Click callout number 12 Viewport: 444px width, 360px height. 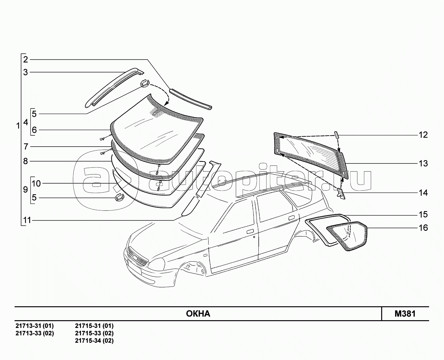tap(423, 135)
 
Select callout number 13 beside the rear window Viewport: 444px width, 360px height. tap(423, 163)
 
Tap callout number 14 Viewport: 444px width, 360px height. tap(423, 193)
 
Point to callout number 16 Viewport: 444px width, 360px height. tap(423, 228)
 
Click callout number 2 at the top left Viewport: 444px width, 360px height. tap(26, 60)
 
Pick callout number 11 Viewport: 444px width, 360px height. tap(27, 220)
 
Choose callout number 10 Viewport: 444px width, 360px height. tap(36, 184)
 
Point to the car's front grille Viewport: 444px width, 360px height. tap(138, 256)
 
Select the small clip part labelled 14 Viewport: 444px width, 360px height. tap(341, 193)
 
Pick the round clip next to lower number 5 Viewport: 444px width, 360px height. tap(119, 197)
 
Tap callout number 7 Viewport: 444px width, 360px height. tap(26, 147)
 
